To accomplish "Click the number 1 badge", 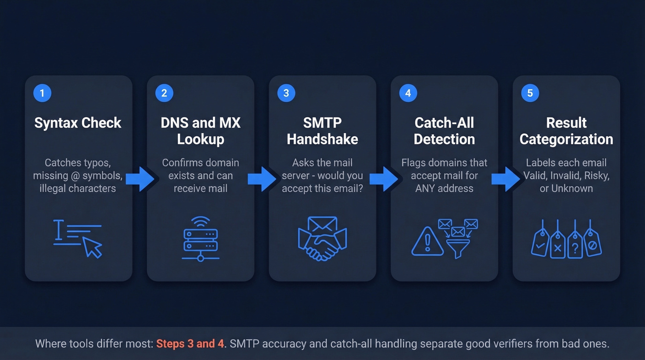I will pyautogui.click(x=42, y=93).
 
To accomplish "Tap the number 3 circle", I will pyautogui.click(x=286, y=93).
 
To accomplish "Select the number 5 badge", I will pyautogui.click(x=530, y=93).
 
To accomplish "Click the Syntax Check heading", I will pyautogui.click(x=78, y=123).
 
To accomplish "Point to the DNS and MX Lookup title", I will pyautogui.click(x=200, y=131).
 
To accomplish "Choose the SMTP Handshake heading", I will pyautogui.click(x=322, y=131).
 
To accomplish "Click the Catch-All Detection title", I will pyautogui.click(x=444, y=131).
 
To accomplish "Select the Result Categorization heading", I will pyautogui.click(x=566, y=131).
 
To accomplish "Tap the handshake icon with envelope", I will pyautogui.click(x=322, y=239).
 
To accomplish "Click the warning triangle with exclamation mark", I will pyautogui.click(x=427, y=241).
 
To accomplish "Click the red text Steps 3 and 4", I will pyautogui.click(x=190, y=344).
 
